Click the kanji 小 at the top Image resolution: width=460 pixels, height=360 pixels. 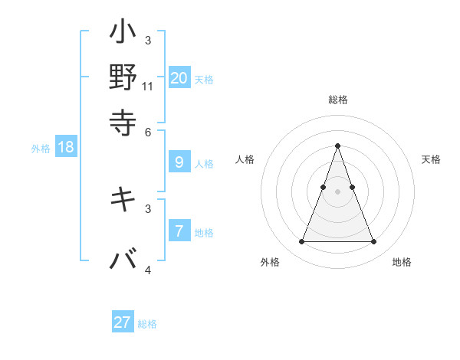123,34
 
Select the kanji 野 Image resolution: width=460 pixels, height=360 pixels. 123,77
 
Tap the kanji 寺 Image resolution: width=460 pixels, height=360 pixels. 123,121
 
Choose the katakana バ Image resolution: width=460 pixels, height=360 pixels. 123,260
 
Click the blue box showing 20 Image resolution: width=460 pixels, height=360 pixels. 179,77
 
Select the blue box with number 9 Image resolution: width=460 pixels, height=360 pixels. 179,162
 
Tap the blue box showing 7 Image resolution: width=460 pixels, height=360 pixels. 179,231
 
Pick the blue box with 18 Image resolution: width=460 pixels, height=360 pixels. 65,147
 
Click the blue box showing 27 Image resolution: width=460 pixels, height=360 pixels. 123,322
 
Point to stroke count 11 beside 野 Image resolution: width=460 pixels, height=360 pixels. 148,86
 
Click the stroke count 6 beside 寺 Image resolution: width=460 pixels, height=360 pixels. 148,131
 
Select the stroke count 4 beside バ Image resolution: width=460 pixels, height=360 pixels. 148,270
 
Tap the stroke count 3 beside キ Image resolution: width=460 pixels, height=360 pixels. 148,208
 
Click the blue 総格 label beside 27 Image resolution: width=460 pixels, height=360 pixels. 147,324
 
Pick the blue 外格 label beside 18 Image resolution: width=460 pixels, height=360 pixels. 41,149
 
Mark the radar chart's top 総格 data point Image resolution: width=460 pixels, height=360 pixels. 337,146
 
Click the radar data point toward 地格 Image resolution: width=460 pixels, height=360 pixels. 374,242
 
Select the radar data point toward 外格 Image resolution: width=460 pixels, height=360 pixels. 301,242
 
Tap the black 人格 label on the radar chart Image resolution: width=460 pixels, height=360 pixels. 245,159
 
